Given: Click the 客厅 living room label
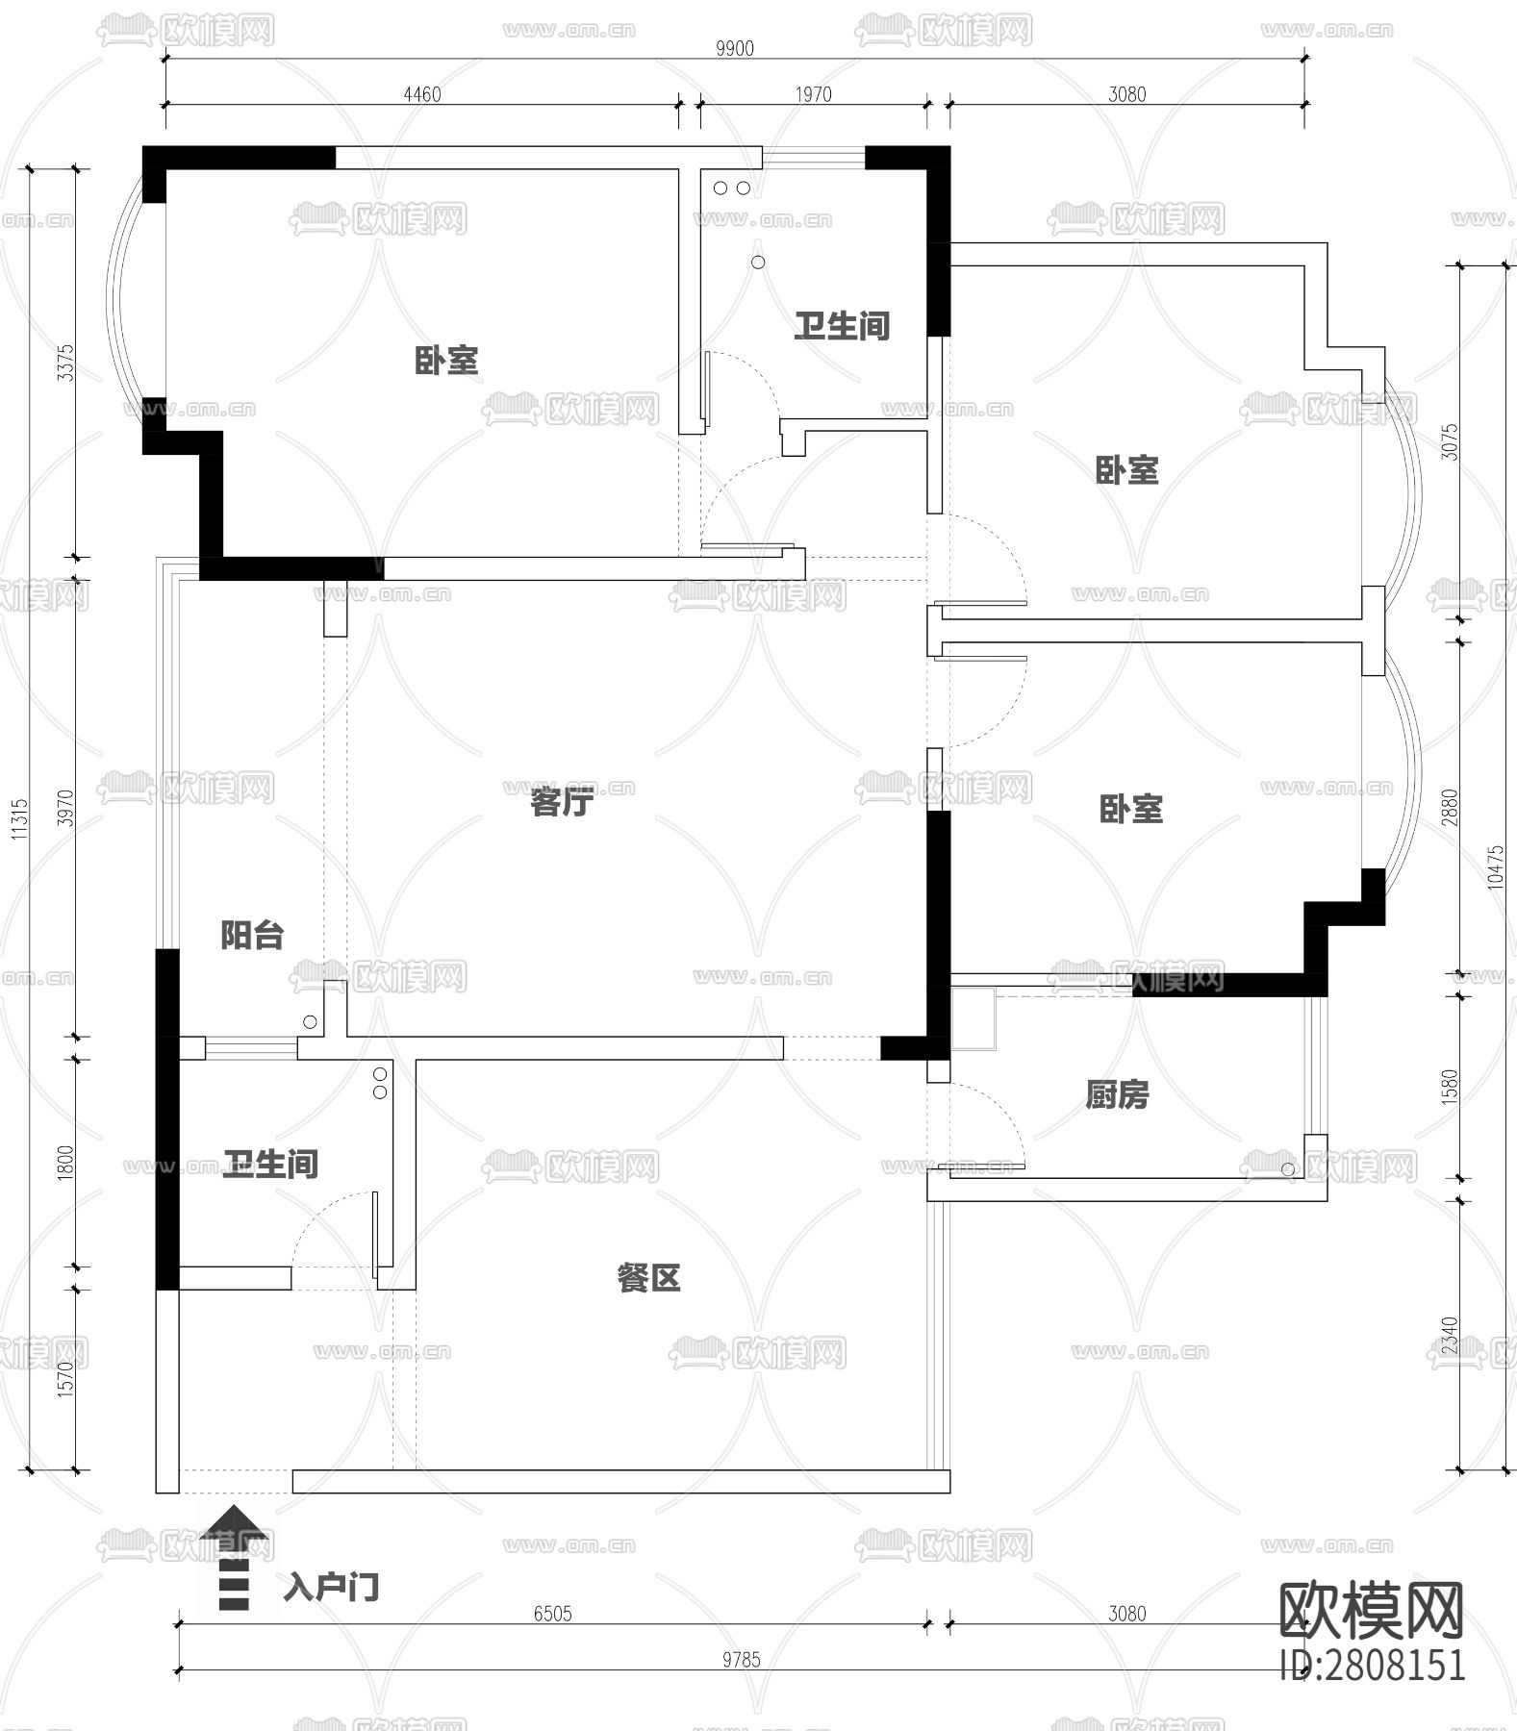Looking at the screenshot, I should pyautogui.click(x=562, y=801).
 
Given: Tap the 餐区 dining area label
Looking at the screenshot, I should pyautogui.click(x=648, y=1278).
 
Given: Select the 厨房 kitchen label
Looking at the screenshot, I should pyautogui.click(x=1117, y=1094).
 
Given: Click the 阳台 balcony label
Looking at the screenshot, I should pyautogui.click(x=252, y=935).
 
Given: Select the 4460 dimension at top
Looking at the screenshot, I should pyautogui.click(x=421, y=94).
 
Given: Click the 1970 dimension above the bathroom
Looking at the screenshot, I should pyautogui.click(x=813, y=94).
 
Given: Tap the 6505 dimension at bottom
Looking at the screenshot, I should pyautogui.click(x=552, y=1613).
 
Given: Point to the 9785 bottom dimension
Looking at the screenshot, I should pyautogui.click(x=741, y=1659).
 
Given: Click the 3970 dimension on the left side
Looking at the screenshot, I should pyautogui.click(x=65, y=808).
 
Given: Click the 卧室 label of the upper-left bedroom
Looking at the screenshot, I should pyautogui.click(x=446, y=361).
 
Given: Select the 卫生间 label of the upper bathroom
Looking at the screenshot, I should pyautogui.click(x=842, y=326).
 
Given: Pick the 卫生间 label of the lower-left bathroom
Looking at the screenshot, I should pyautogui.click(x=270, y=1164).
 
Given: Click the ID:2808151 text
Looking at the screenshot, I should pyautogui.click(x=1373, y=1665).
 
